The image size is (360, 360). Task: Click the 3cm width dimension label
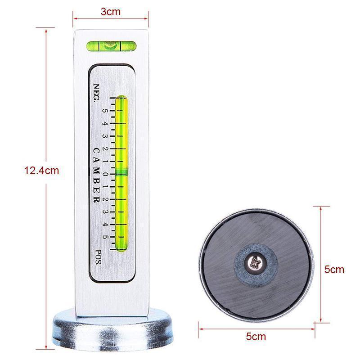click(x=111, y=12)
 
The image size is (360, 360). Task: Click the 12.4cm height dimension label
click(x=42, y=171)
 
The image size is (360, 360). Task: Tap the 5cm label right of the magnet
click(x=334, y=270)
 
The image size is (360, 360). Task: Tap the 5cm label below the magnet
click(x=256, y=336)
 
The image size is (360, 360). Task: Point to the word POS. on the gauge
click(x=98, y=256)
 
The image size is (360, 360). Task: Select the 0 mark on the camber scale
click(x=105, y=174)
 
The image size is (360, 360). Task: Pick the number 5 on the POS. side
click(x=105, y=235)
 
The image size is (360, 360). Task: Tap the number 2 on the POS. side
click(x=105, y=199)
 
